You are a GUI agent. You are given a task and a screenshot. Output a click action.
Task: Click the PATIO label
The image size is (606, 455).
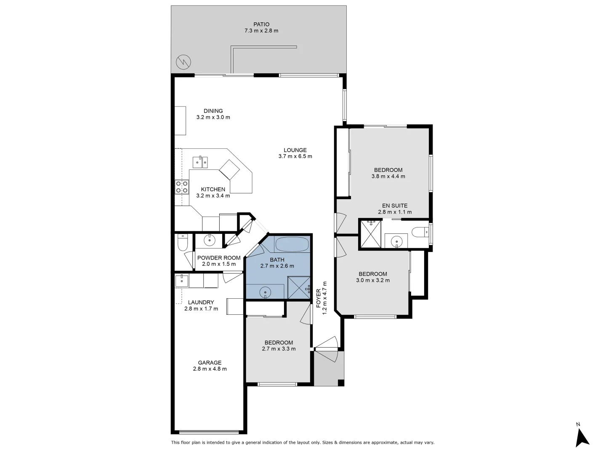(x=261, y=24)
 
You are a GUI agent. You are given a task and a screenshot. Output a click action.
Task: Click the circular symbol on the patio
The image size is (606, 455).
(x=183, y=62)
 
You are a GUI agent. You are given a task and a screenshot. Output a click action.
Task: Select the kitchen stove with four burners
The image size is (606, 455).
(x=182, y=187)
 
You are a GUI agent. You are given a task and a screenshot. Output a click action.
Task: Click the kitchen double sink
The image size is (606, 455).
(x=200, y=161)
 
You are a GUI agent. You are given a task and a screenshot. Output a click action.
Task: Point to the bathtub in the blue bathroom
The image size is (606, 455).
(x=292, y=244)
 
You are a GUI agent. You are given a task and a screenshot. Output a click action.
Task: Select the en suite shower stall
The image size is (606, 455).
(x=370, y=234)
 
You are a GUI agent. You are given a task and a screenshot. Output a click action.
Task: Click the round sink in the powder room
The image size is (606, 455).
(x=209, y=241)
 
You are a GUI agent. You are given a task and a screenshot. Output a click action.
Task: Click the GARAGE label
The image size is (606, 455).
(x=210, y=363)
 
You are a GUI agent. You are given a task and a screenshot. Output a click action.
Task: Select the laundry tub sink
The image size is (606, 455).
(x=182, y=279)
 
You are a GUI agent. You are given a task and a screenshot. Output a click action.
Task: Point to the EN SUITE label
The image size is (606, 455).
(x=394, y=206)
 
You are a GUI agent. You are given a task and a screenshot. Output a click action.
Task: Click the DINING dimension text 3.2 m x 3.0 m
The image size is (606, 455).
(x=213, y=118)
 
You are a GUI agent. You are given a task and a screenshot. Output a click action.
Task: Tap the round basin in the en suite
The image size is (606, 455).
(x=396, y=241)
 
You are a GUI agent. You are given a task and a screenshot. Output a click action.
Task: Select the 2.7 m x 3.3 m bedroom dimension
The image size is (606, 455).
(x=279, y=349)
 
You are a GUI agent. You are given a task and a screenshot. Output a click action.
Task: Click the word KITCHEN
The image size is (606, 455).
(x=213, y=190)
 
